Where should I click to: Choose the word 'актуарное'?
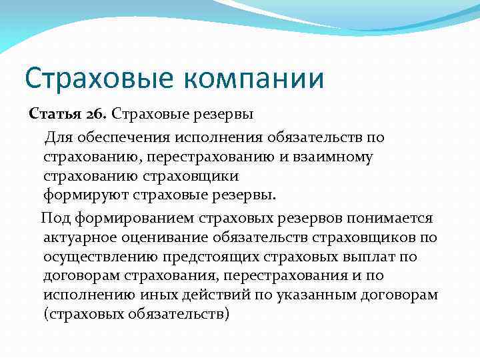pyautogui.click(x=81, y=237)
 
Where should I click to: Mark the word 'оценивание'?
pyautogui.click(x=165, y=237)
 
